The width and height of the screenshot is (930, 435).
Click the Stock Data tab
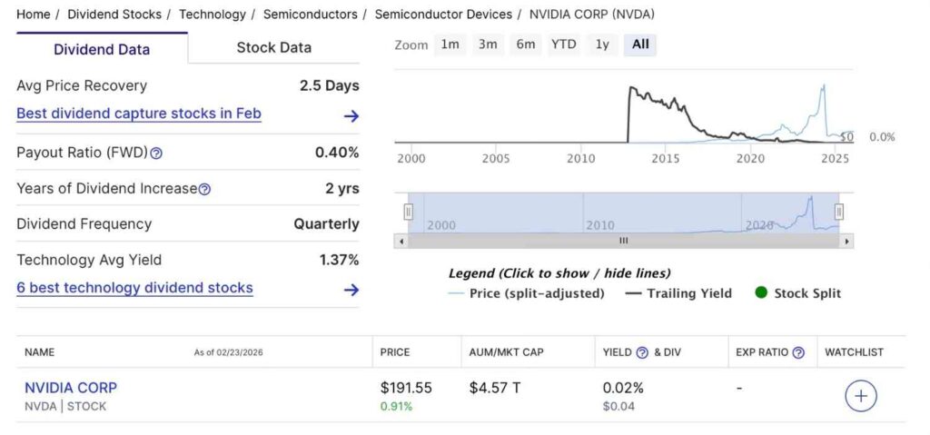pyautogui.click(x=273, y=48)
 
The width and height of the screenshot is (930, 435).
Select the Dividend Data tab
pyautogui.click(x=102, y=49)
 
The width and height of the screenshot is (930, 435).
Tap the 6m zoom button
pyautogui.click(x=525, y=44)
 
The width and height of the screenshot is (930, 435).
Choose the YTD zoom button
pyautogui.click(x=563, y=44)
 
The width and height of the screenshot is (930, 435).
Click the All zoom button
pyautogui.click(x=640, y=44)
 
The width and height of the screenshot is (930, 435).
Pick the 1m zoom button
pyautogui.click(x=450, y=44)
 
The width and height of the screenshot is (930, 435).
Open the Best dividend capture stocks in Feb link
pyautogui.click(x=139, y=114)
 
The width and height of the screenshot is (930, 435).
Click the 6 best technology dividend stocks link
pyautogui.click(x=134, y=288)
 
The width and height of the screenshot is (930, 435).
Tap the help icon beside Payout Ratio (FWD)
pyautogui.click(x=156, y=153)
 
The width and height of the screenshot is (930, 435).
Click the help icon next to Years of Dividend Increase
pyautogui.click(x=204, y=190)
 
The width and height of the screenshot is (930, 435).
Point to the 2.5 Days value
pyautogui.click(x=329, y=86)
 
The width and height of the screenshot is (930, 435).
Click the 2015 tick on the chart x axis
pyautogui.click(x=665, y=159)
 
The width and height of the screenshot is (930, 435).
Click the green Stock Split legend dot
pyautogui.click(x=761, y=292)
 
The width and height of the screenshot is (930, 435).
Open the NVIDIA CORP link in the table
pyautogui.click(x=71, y=388)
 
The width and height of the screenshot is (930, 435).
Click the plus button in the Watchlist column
pyautogui.click(x=860, y=396)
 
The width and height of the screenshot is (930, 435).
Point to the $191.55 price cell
pyautogui.click(x=405, y=388)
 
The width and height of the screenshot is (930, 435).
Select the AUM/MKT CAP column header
pyautogui.click(x=506, y=352)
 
